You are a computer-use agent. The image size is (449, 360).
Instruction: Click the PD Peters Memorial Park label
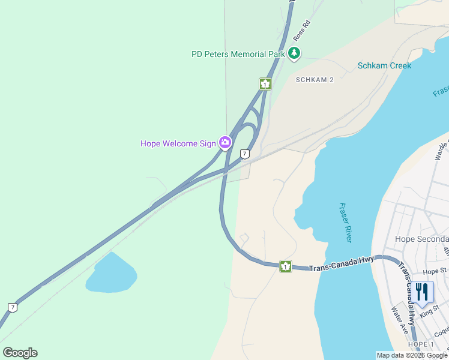click(238, 54)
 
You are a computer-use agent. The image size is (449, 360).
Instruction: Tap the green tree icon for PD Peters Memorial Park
click(294, 54)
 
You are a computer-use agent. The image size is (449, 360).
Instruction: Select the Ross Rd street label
click(301, 31)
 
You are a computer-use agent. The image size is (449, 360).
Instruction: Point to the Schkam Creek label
click(384, 65)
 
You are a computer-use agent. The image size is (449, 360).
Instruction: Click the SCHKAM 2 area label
click(315, 79)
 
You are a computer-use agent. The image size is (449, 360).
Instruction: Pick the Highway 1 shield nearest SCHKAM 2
click(265, 84)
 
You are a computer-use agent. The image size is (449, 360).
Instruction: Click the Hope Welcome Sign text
click(178, 143)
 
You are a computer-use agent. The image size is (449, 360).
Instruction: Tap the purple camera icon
click(225, 142)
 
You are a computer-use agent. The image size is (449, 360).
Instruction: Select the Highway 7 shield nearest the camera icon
click(244, 154)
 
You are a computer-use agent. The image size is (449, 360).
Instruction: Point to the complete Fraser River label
click(345, 222)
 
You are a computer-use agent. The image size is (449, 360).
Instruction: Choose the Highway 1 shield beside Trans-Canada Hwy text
click(286, 266)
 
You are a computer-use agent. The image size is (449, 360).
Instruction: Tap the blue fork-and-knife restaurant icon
click(422, 292)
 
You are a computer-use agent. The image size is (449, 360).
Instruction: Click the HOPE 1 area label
click(420, 344)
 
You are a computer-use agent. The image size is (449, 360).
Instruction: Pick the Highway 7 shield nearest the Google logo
click(13, 308)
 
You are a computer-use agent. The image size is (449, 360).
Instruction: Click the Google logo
click(20, 353)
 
